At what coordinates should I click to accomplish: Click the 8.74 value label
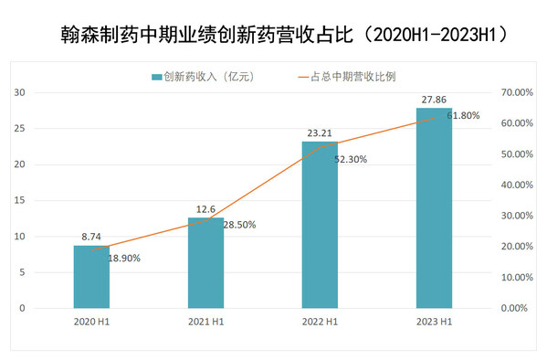tap(91, 236)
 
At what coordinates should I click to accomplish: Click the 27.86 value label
tap(434, 99)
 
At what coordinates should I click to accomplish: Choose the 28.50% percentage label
tap(238, 225)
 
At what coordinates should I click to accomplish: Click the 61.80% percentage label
tap(463, 117)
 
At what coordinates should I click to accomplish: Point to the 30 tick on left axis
tap(19, 92)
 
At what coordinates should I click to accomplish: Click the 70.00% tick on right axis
tap(516, 92)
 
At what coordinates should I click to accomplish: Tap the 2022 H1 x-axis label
tap(320, 321)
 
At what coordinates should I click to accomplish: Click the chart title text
tap(274, 34)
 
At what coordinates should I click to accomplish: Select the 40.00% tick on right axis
tap(516, 185)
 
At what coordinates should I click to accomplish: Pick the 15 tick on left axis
tap(19, 200)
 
